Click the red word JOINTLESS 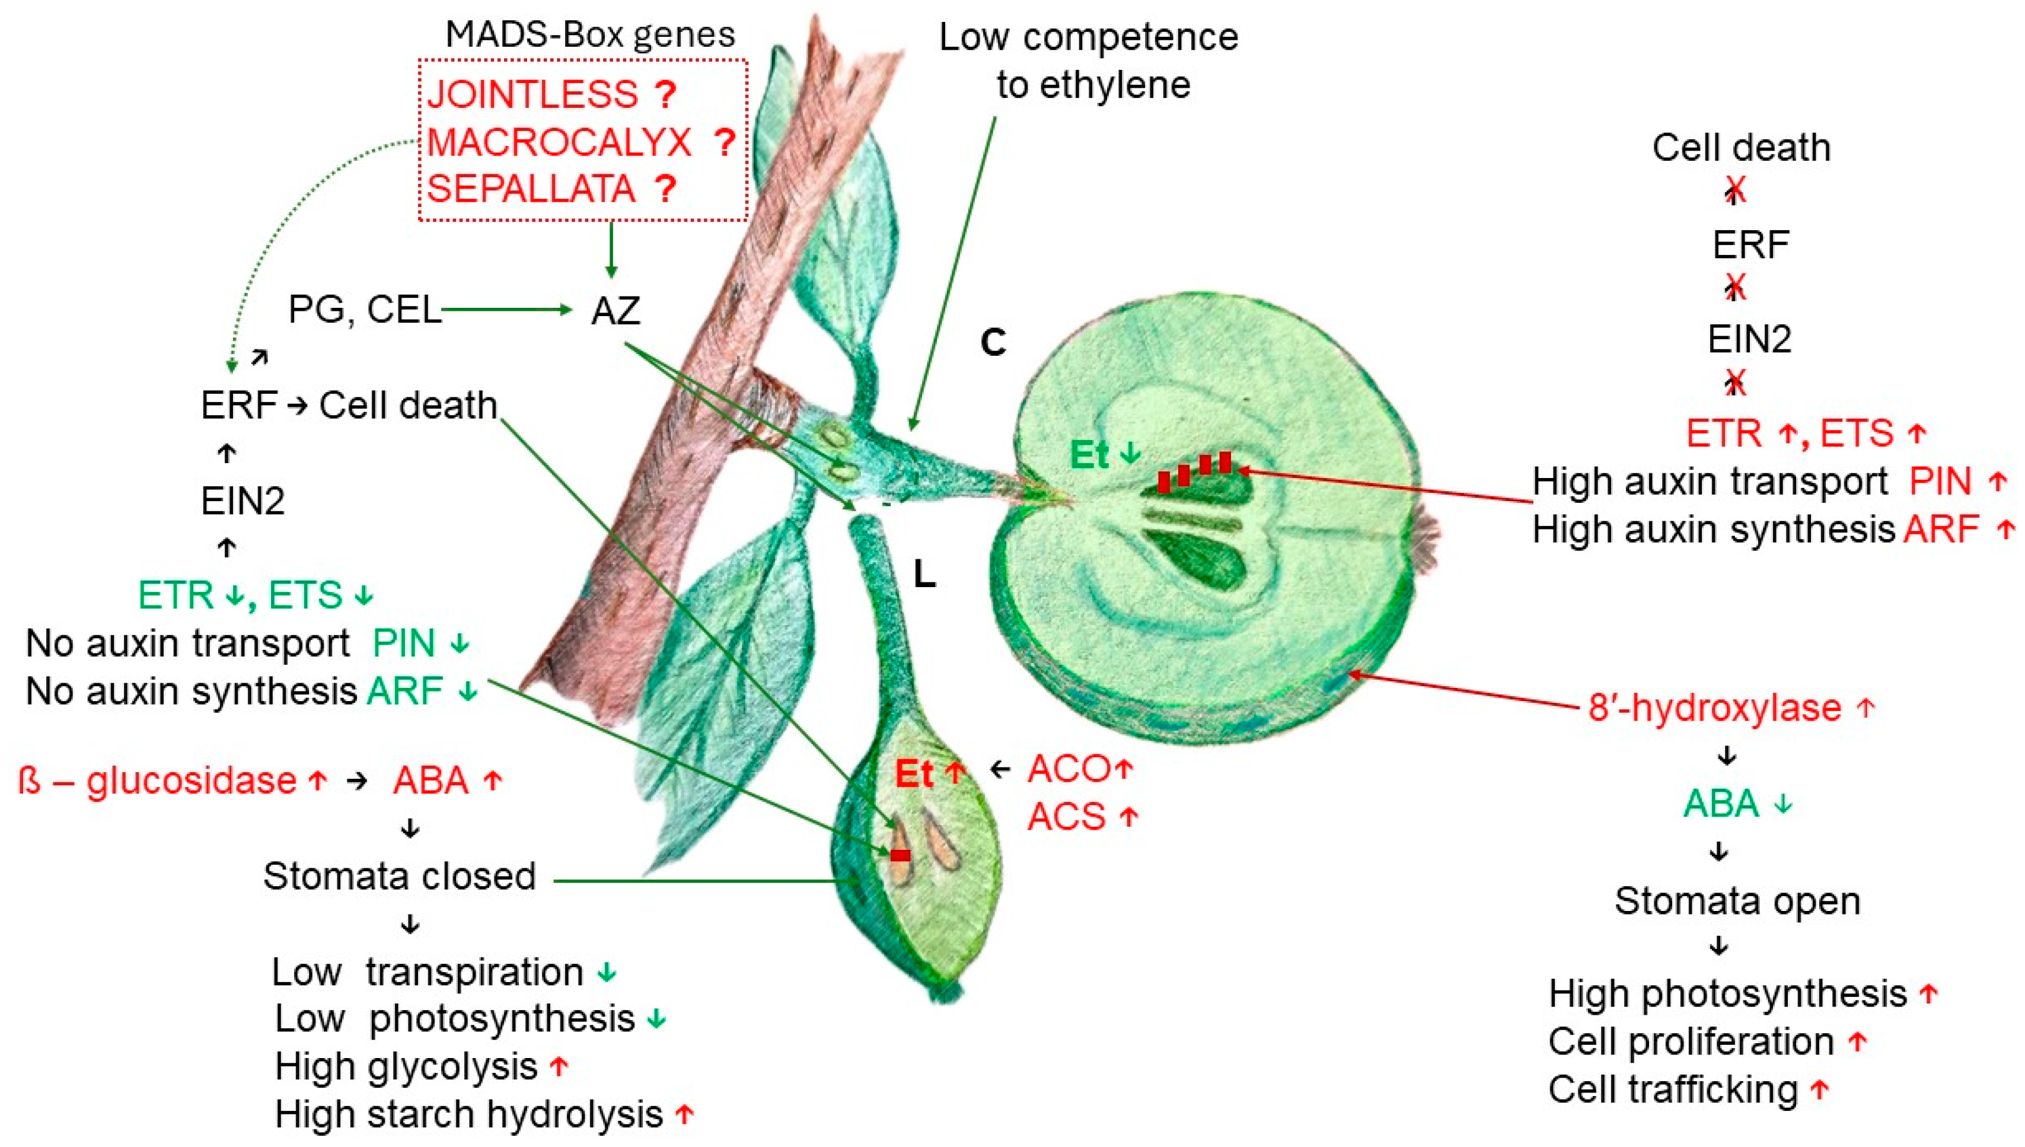[532, 94]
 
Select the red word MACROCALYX [559, 142]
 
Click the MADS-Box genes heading [590, 34]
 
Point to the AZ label [615, 310]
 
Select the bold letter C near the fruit [993, 342]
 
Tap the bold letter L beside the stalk [924, 575]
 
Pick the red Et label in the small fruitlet [914, 775]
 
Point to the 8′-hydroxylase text [1714, 708]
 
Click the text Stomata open [1737, 900]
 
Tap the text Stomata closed [399, 876]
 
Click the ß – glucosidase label [157, 780]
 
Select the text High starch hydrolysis [468, 1114]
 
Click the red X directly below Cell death [1735, 189]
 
